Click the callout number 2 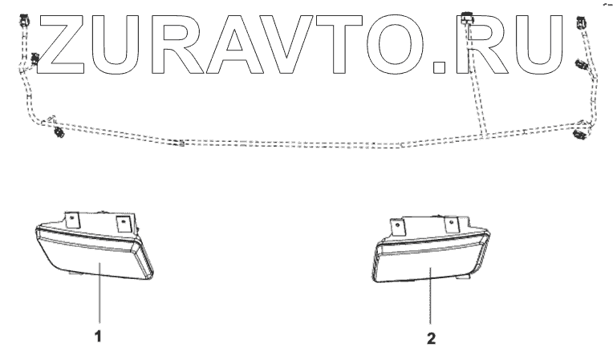432,339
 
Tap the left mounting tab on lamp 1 72,219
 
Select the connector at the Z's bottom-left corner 35,58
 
